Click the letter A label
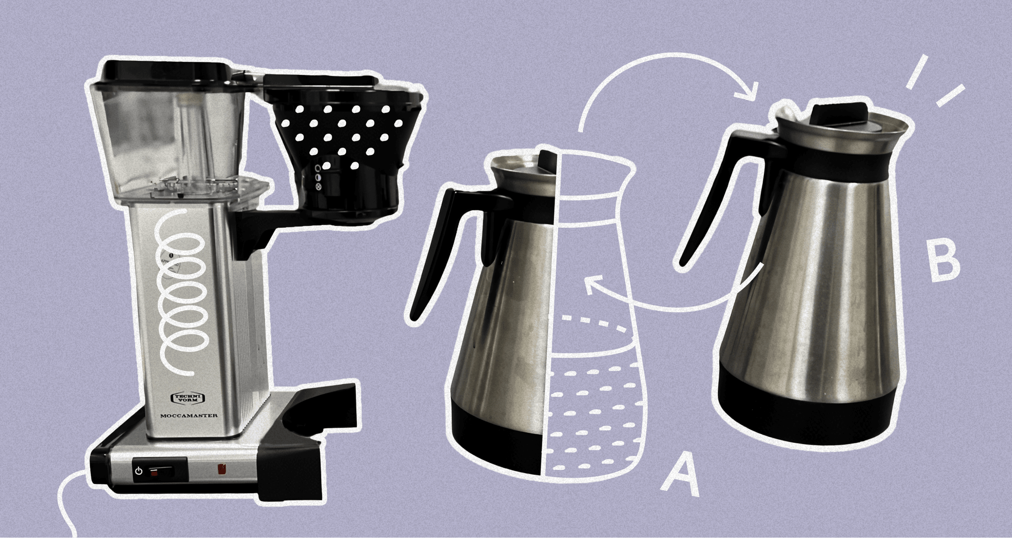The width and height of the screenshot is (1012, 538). pos(681,472)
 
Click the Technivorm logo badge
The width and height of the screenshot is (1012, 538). pos(187,398)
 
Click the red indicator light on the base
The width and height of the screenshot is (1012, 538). pos(221,469)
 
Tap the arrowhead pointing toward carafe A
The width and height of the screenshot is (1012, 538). pos(592,286)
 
